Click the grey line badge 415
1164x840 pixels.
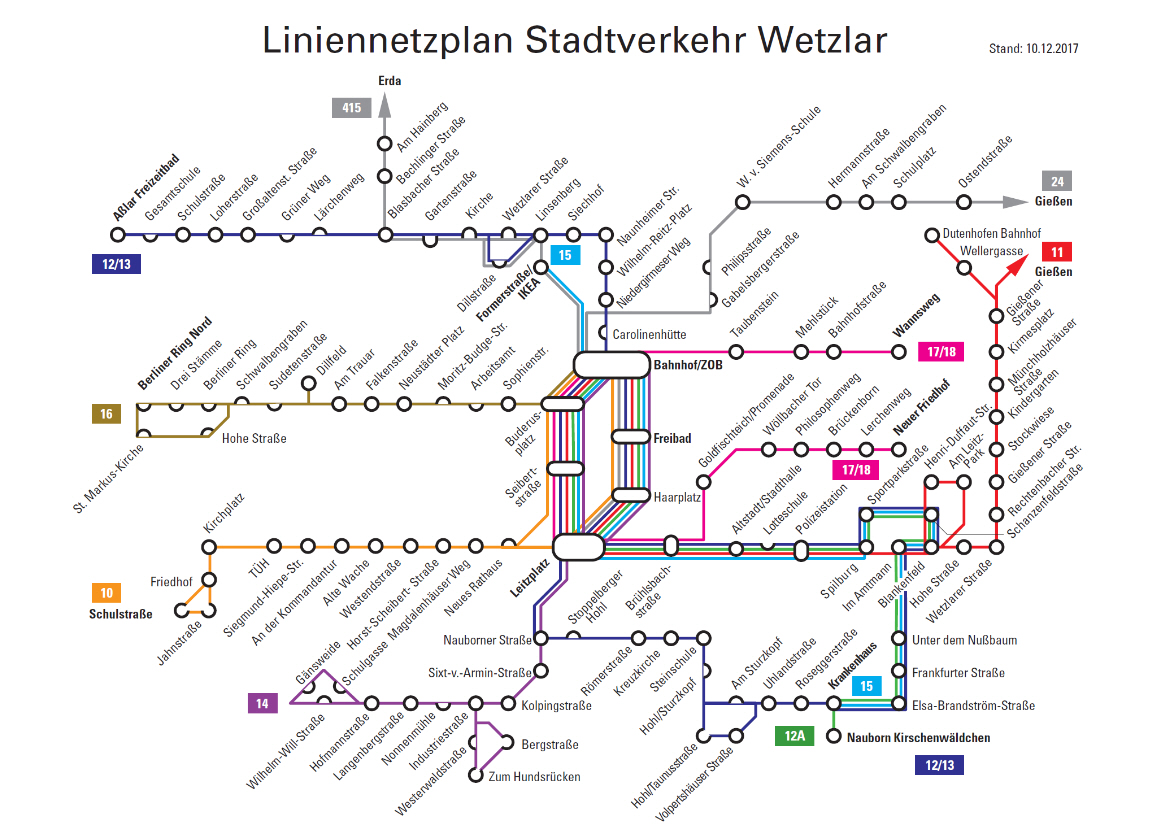(x=350, y=107)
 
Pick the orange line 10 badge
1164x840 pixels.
(x=106, y=593)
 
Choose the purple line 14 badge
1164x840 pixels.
(x=262, y=703)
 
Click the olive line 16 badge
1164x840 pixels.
(x=106, y=413)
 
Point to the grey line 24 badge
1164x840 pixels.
(x=1056, y=181)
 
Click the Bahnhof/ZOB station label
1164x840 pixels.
(x=688, y=365)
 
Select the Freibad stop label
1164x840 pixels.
(x=672, y=438)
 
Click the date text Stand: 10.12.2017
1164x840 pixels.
(x=1033, y=48)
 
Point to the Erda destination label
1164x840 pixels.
(x=389, y=80)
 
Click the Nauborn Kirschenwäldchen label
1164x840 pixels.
(x=918, y=738)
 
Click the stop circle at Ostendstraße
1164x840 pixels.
(x=963, y=202)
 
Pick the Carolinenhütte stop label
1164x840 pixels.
(x=649, y=333)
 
